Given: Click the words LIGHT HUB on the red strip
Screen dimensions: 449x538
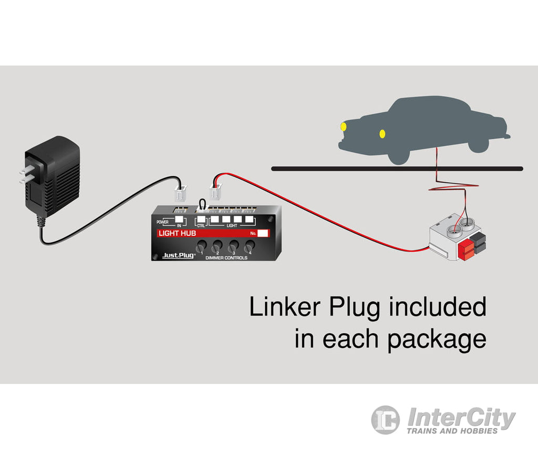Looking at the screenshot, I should pyautogui.click(x=177, y=233).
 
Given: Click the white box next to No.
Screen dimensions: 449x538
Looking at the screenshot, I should pyautogui.click(x=264, y=233).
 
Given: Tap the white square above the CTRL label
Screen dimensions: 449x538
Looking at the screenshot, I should pyautogui.click(x=201, y=219).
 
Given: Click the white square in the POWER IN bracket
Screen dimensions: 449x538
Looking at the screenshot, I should pyautogui.click(x=180, y=219).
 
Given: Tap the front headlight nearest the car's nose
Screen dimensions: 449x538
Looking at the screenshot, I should pyautogui.click(x=344, y=126).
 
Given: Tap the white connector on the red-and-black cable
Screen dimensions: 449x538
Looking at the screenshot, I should pyautogui.click(x=216, y=192).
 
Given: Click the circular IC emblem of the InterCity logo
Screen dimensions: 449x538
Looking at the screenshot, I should pyautogui.click(x=386, y=420).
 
